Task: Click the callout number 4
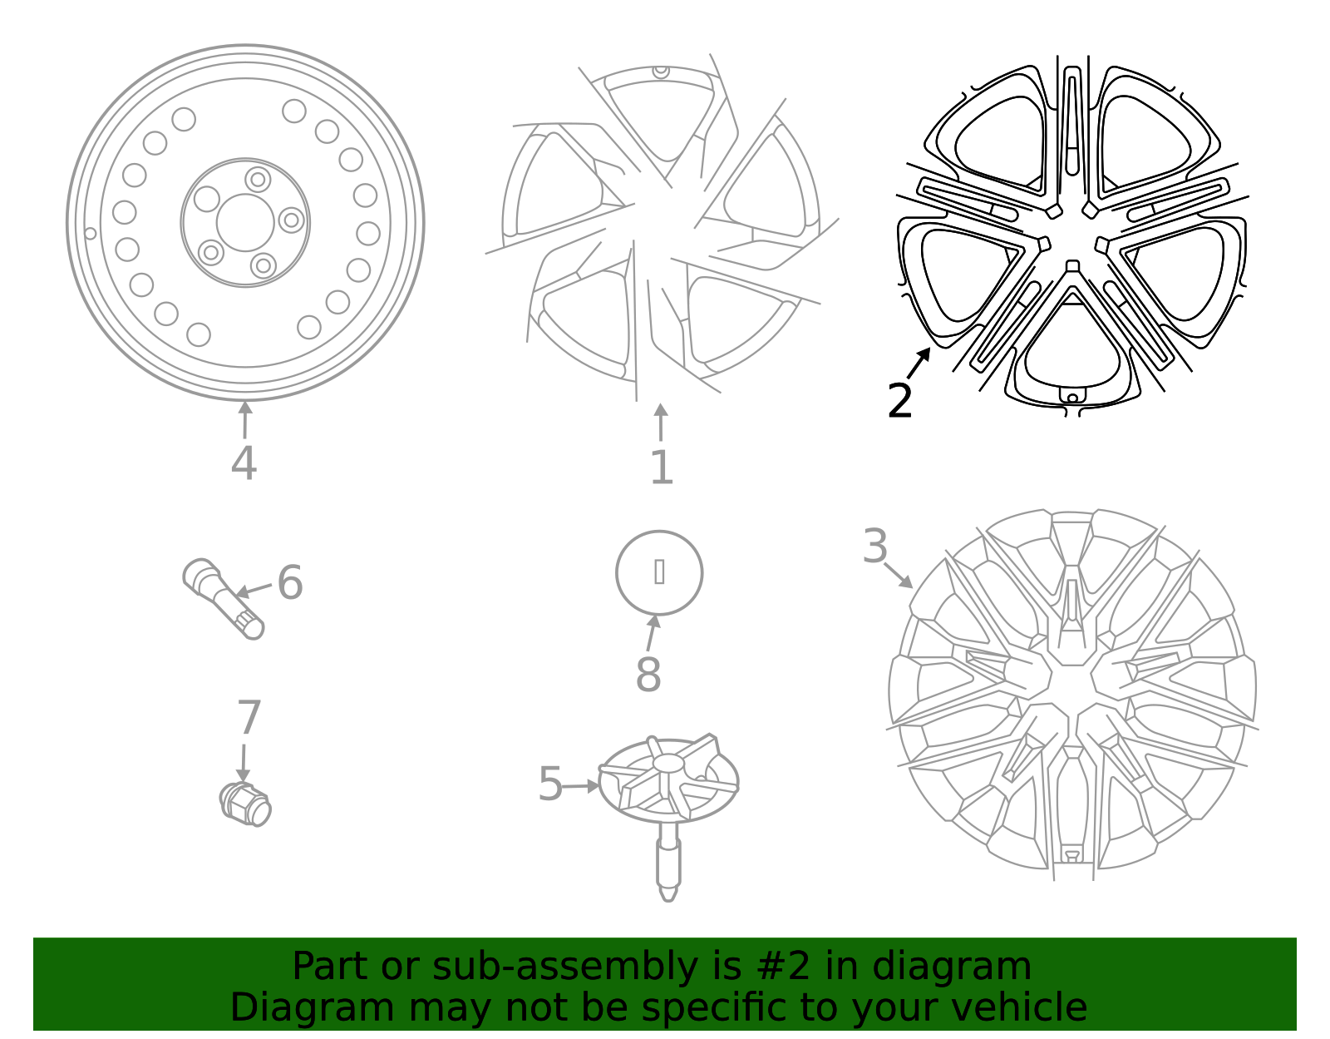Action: (244, 463)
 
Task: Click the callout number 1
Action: (661, 468)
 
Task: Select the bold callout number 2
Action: (899, 402)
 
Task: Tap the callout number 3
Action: (875, 547)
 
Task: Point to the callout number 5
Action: (550, 784)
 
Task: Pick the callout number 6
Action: (289, 582)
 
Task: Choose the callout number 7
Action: (249, 718)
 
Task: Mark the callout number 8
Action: (648, 675)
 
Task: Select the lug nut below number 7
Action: (246, 804)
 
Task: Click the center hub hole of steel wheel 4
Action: (245, 223)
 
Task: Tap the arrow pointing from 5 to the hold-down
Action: (582, 785)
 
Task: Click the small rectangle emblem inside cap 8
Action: (659, 571)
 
